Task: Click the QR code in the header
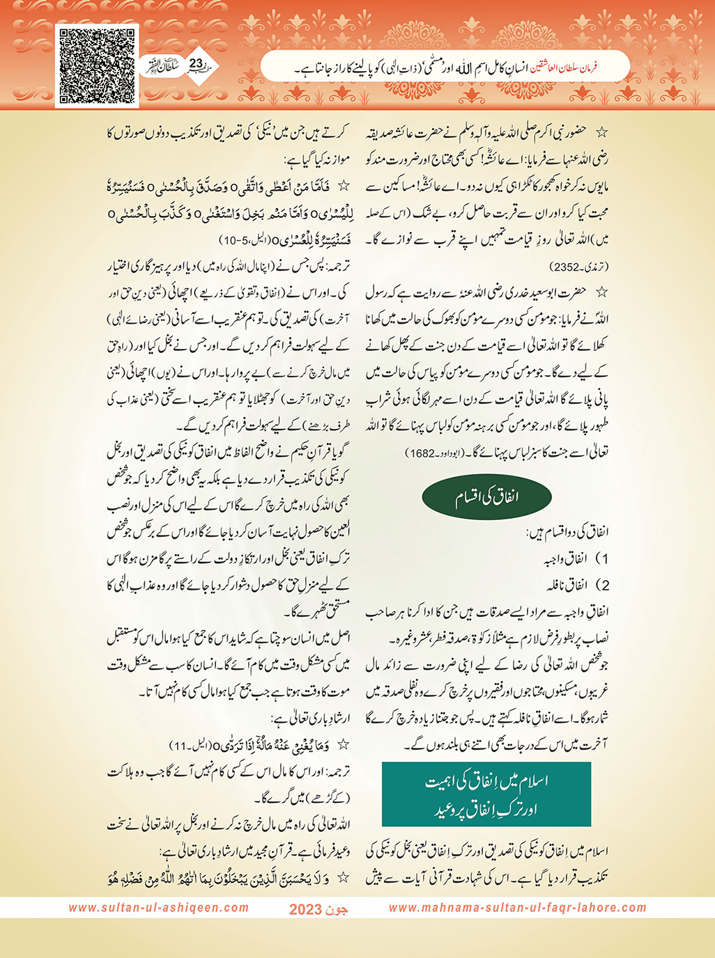pyautogui.click(x=97, y=66)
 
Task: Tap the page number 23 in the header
pyautogui.click(x=196, y=64)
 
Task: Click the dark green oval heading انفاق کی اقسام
pyautogui.click(x=487, y=497)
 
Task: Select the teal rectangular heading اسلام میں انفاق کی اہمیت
pyautogui.click(x=486, y=794)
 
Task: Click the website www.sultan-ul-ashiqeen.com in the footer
pyautogui.click(x=158, y=908)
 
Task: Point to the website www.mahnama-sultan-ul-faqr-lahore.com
pyautogui.click(x=517, y=908)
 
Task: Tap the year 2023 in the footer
pyautogui.click(x=305, y=909)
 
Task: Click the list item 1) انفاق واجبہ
pyautogui.click(x=576, y=559)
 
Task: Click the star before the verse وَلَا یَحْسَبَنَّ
pyautogui.click(x=343, y=878)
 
